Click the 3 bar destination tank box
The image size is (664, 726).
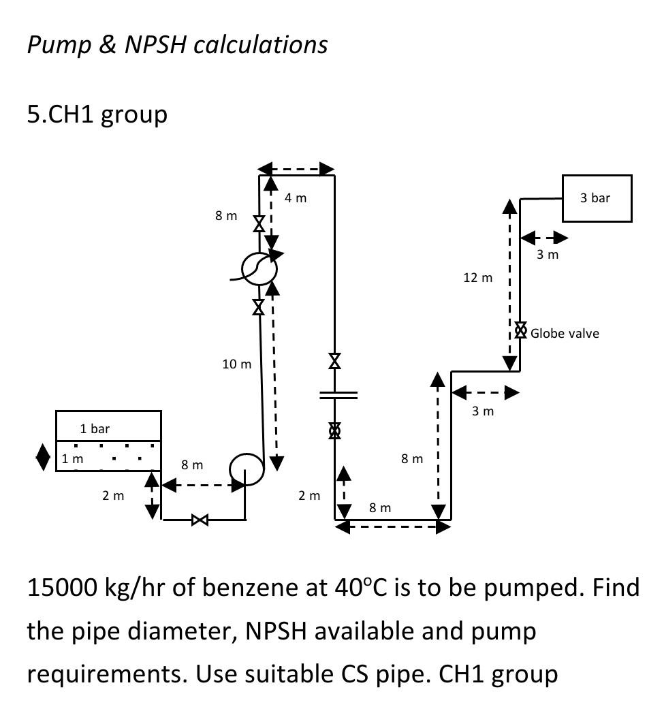(597, 198)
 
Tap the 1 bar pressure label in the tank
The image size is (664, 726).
(94, 428)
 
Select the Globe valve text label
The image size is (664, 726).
(565, 333)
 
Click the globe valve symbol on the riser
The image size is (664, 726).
(520, 330)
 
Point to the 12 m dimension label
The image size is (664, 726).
(477, 277)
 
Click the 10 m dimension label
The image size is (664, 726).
(236, 364)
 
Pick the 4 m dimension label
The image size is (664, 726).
(296, 198)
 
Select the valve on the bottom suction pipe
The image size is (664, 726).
(200, 520)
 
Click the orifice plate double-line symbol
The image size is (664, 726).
(338, 395)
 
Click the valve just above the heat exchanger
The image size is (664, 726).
(259, 223)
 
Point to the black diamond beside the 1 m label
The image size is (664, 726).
(43, 457)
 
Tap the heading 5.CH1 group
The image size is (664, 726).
(97, 114)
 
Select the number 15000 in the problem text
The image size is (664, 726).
(61, 586)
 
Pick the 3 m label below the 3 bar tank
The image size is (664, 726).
(547, 254)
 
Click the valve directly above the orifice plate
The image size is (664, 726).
(334, 361)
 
